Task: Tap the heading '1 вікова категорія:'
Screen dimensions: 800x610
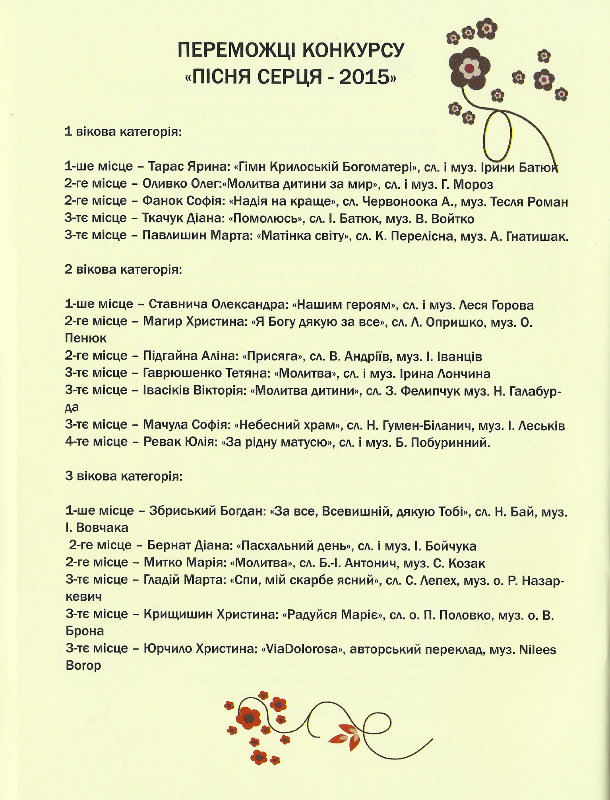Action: [123, 132]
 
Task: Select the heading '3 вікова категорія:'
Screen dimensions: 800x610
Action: [124, 476]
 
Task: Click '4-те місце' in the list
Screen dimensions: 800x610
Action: [96, 442]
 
